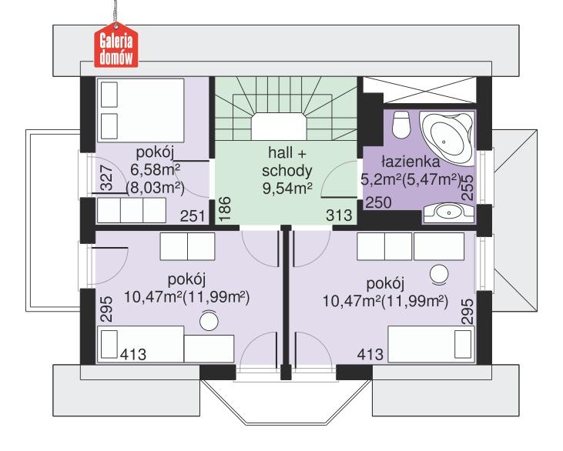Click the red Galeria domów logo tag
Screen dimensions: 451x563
115,47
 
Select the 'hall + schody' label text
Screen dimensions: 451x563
285,159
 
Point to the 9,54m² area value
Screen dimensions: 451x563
286,185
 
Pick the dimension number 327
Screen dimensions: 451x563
108,178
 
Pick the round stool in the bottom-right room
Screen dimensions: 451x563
438,272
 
